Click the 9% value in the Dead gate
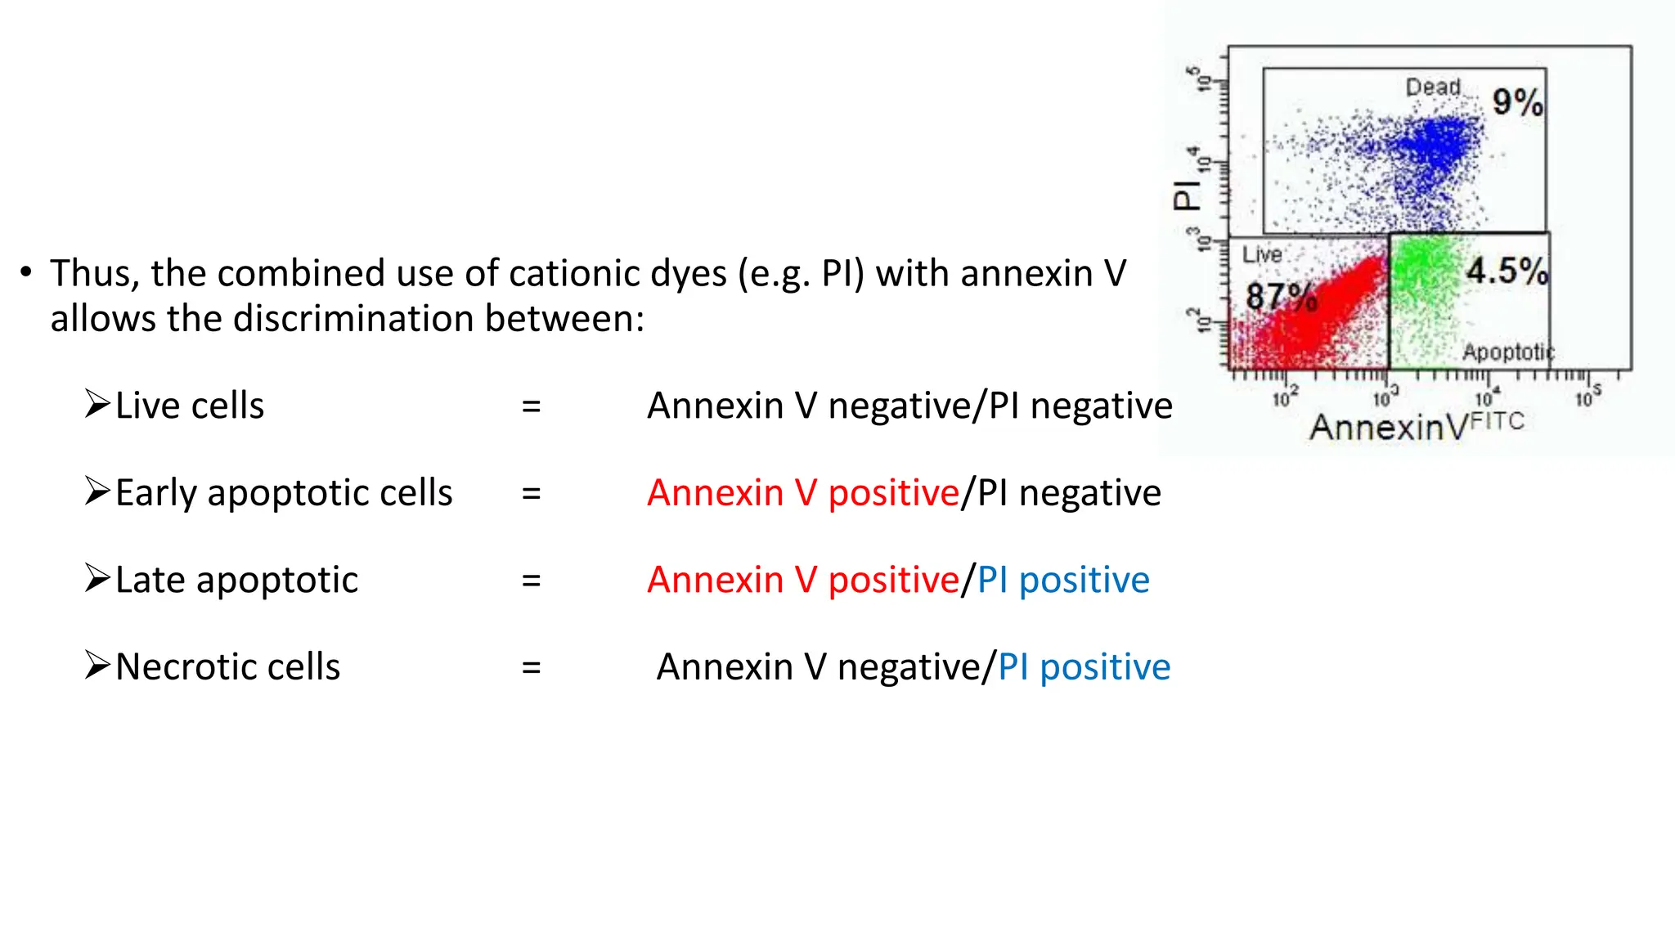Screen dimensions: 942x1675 click(x=1517, y=102)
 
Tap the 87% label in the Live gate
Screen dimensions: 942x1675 click(x=1281, y=297)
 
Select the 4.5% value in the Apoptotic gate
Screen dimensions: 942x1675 click(x=1507, y=271)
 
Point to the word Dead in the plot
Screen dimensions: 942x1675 click(x=1433, y=87)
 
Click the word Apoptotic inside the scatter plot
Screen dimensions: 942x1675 click(x=1507, y=352)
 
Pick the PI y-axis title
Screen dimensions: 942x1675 click(x=1187, y=195)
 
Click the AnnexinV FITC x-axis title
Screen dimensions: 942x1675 click(x=1417, y=426)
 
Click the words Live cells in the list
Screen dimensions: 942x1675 click(x=190, y=406)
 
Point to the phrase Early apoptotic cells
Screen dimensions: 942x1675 click(x=284, y=493)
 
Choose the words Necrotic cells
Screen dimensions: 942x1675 click(x=227, y=667)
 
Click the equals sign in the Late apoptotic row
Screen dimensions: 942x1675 click(x=532, y=581)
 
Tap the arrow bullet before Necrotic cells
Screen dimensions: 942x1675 click(x=97, y=666)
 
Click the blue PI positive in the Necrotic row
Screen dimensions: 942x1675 click(x=1084, y=667)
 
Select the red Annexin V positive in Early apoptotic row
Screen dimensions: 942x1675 click(x=802, y=493)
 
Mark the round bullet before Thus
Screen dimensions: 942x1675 click(x=27, y=272)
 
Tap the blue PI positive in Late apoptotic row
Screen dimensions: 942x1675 click(x=1063, y=581)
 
